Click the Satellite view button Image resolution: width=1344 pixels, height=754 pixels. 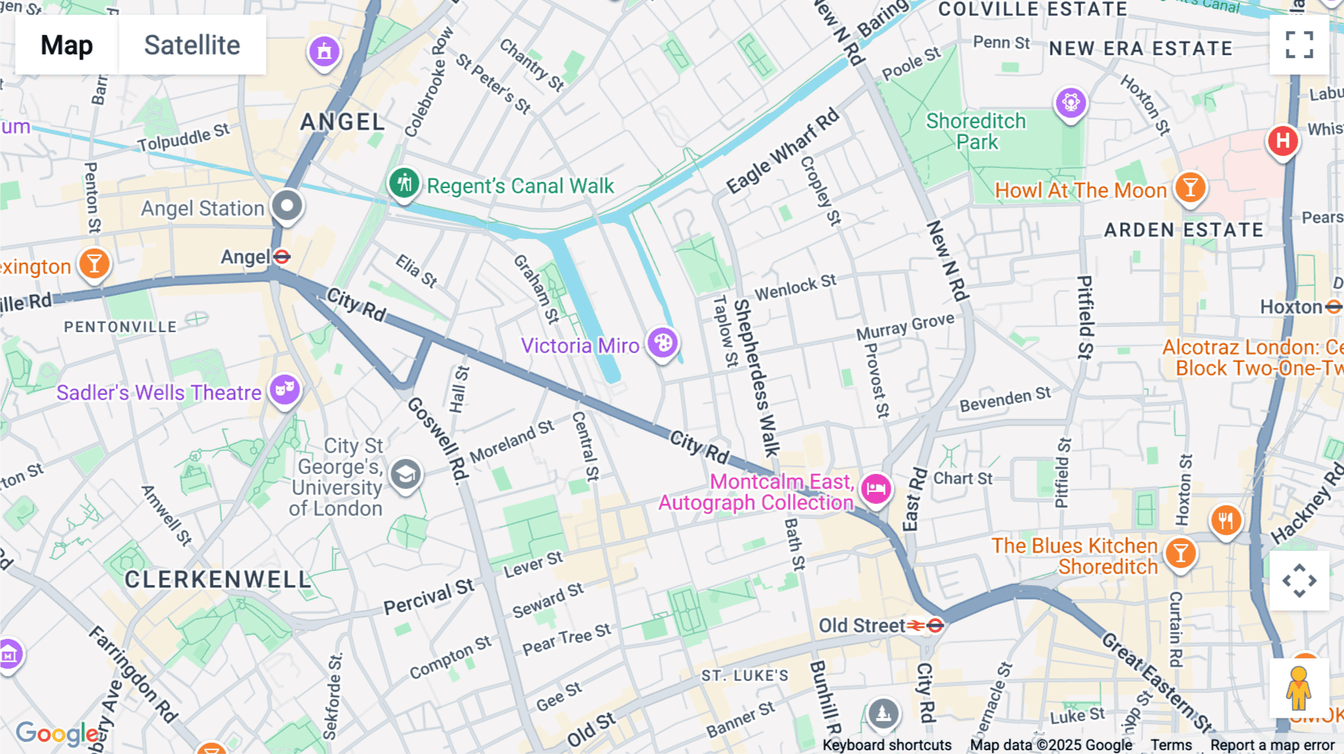192,45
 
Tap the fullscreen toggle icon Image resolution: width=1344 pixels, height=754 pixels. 1299,45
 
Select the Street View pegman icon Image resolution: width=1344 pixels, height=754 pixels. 1298,688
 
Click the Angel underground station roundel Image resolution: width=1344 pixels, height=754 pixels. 281,257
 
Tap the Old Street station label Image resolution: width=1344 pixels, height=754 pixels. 862,626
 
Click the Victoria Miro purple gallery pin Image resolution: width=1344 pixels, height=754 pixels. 662,343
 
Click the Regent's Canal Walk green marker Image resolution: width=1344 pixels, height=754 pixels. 404,183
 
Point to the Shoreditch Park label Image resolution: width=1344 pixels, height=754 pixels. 976,131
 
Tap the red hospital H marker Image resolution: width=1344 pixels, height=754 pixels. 1283,140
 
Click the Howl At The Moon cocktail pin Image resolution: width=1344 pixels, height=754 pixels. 1190,187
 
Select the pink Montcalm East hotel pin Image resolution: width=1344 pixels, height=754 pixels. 876,490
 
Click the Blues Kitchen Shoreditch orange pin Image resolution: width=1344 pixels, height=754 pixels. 1180,554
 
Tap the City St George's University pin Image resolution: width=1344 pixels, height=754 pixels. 406,474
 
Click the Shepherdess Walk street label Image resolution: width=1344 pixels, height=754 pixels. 756,377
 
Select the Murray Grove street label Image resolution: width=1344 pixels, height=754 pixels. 905,327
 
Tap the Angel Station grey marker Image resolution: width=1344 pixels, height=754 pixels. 287,206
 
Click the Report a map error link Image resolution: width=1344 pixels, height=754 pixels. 1272,745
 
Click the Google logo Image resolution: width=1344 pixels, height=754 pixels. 57,733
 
